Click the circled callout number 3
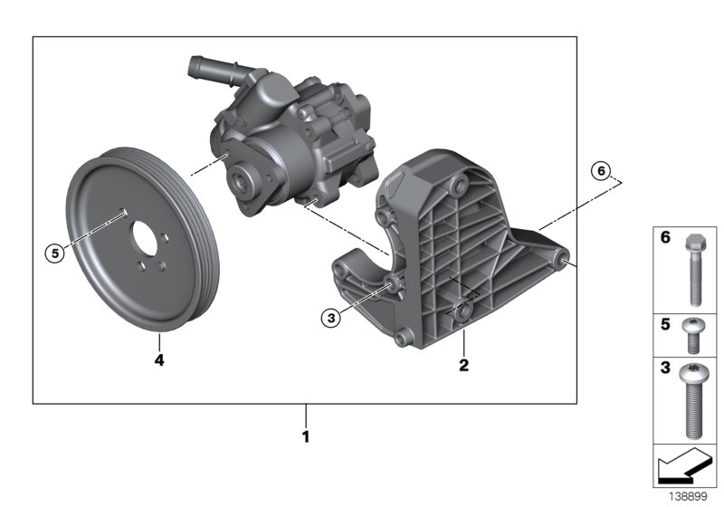click(x=332, y=317)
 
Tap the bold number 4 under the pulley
click(x=158, y=359)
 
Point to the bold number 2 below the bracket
click(x=463, y=366)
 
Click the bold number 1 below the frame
click(x=306, y=436)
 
